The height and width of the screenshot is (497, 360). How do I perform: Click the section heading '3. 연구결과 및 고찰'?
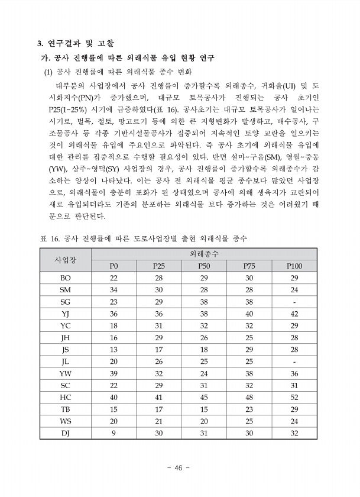[x=76, y=43]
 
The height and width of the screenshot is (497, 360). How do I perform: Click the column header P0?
[x=114, y=266]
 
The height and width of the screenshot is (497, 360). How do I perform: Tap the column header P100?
[x=294, y=266]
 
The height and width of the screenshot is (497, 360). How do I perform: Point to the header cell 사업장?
[x=65, y=260]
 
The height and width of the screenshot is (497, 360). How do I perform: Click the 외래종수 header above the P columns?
[x=205, y=253]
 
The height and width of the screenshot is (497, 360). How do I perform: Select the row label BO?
[x=65, y=278]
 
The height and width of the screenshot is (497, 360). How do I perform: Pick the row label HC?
[x=65, y=397]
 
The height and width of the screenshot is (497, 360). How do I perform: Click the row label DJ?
[x=65, y=433]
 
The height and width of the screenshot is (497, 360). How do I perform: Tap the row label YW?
[x=65, y=373]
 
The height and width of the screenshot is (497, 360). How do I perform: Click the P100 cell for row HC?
[x=294, y=397]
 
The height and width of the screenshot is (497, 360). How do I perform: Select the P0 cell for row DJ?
[x=114, y=433]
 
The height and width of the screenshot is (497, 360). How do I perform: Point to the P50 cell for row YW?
[x=204, y=373]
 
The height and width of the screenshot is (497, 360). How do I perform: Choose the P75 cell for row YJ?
[x=249, y=314]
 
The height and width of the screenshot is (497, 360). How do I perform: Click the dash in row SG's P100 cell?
[x=294, y=302]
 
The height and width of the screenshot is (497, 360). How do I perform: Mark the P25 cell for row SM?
[x=159, y=290]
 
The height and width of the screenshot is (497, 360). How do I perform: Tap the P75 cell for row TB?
[x=249, y=409]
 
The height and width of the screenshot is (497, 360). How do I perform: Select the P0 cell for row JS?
[x=114, y=350]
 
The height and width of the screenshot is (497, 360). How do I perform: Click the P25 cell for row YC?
[x=159, y=325]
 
